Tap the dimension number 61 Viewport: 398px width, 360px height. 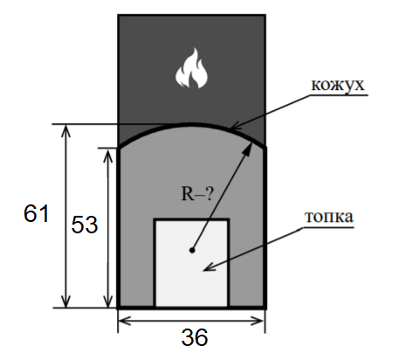[36, 213]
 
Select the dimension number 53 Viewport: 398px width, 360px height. [85, 225]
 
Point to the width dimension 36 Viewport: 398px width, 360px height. [195, 337]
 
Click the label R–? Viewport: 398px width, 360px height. [197, 193]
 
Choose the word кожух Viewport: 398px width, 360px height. [338, 85]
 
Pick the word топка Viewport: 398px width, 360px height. [329, 217]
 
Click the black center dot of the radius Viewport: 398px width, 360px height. [192, 250]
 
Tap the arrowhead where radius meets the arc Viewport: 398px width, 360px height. [247, 149]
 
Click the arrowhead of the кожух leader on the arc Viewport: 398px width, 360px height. [235, 127]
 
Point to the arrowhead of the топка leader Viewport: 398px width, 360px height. [209, 267]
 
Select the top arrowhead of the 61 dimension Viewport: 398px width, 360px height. [66, 131]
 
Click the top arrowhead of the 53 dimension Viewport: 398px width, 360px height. [108, 156]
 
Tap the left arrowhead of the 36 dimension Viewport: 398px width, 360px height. [125, 321]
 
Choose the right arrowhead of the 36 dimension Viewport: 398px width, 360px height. [257, 321]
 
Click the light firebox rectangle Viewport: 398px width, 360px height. [191, 263]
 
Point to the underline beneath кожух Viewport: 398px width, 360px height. [339, 95]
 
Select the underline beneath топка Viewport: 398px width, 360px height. [328, 226]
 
